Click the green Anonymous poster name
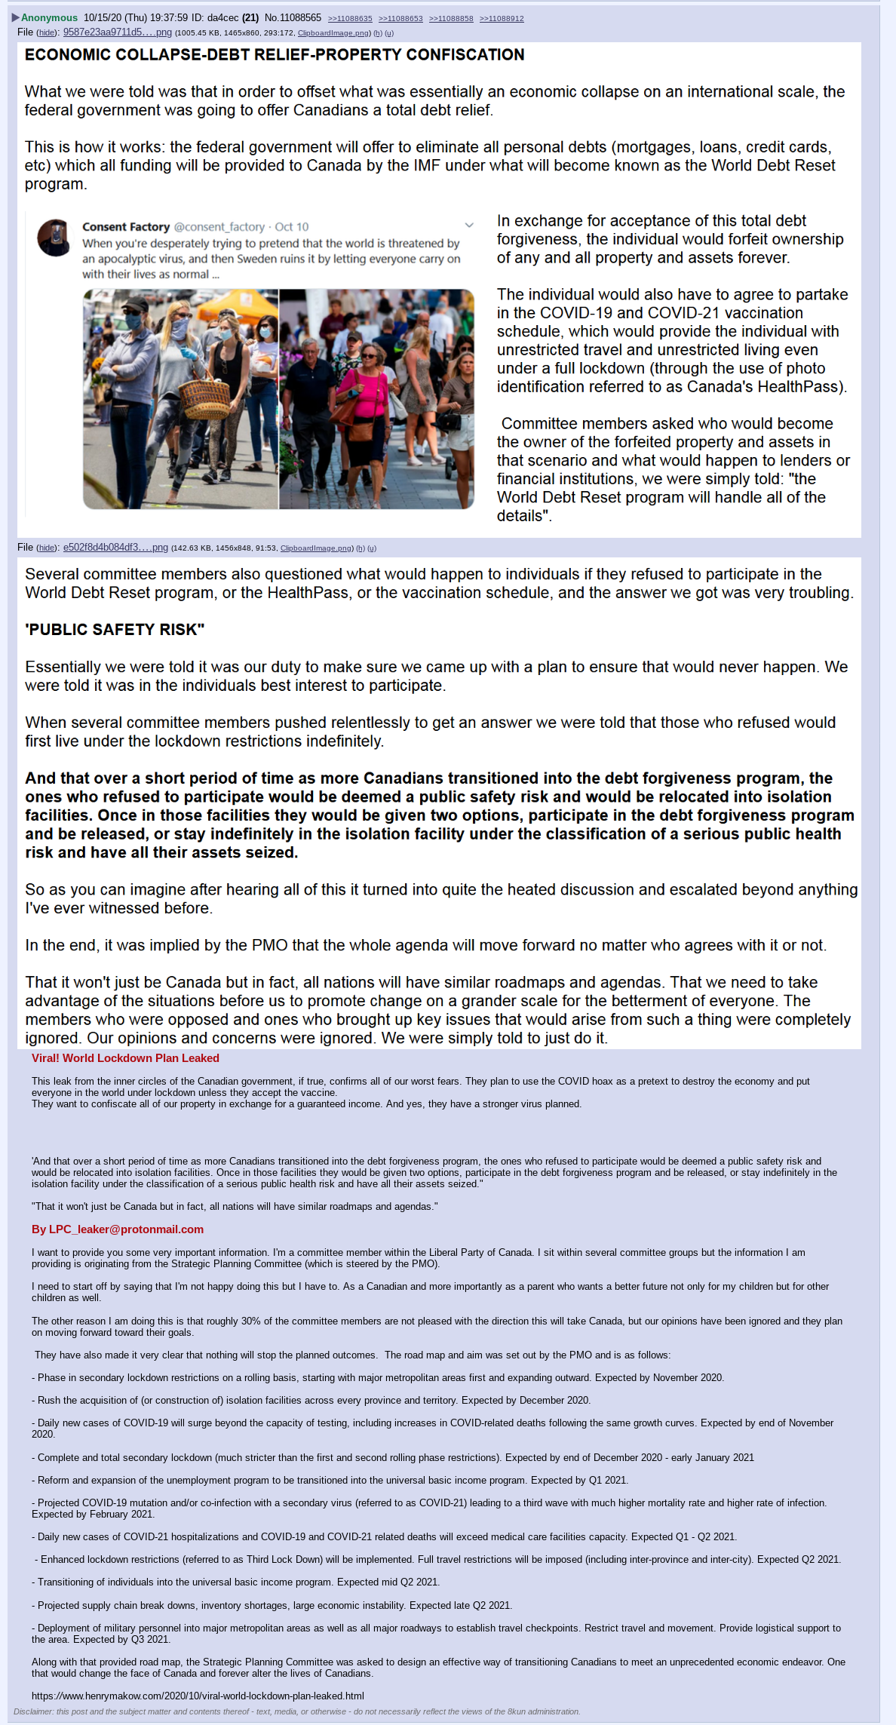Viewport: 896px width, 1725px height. tap(49, 17)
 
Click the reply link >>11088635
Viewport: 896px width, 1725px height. tap(350, 18)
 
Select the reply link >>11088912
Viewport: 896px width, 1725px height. tap(502, 18)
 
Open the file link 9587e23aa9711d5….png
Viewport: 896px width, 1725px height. tap(117, 32)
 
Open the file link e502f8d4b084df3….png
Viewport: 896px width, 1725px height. tap(115, 548)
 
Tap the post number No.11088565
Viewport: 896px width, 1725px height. tap(293, 17)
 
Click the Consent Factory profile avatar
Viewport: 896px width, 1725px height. tap(54, 238)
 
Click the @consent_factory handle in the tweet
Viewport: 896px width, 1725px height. tap(219, 227)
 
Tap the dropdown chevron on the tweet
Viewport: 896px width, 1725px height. tap(469, 226)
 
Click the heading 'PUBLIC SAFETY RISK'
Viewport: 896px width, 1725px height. tap(115, 630)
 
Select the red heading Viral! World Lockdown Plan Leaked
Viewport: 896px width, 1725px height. tap(125, 1058)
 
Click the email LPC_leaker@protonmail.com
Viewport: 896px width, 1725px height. tap(118, 1229)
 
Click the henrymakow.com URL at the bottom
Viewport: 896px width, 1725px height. tap(198, 1696)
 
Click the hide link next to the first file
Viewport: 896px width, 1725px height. tap(47, 33)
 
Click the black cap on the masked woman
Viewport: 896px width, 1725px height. tap(133, 305)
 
